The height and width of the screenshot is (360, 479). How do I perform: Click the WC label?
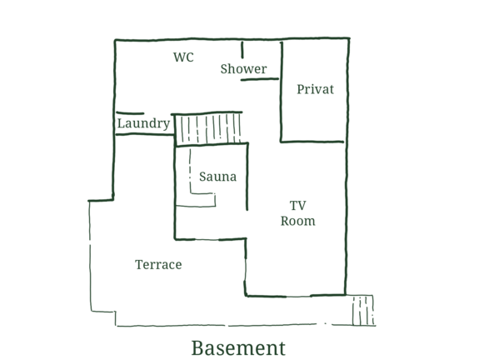[183, 57]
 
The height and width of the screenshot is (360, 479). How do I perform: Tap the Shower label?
[243, 69]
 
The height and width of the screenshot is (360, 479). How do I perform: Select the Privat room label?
[315, 89]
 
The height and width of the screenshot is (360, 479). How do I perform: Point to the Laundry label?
[143, 123]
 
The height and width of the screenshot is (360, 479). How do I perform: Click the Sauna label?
[217, 177]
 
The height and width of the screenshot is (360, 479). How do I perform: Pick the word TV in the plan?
[298, 206]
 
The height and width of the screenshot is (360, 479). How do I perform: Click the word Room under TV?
[298, 221]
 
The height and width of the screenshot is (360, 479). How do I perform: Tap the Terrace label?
[158, 265]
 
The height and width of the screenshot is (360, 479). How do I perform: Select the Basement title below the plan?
[238, 348]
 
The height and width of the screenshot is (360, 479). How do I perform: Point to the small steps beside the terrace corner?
[363, 310]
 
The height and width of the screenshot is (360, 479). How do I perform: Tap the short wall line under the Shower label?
[260, 79]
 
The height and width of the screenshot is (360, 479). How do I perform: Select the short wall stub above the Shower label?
[242, 50]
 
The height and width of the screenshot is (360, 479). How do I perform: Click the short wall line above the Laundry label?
[130, 113]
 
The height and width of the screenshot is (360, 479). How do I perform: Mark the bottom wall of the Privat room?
[312, 142]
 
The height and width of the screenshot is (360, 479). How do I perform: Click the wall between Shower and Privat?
[282, 92]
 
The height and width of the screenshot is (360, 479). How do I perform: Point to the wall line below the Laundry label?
[144, 134]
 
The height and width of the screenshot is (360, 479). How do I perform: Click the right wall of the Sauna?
[247, 177]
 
